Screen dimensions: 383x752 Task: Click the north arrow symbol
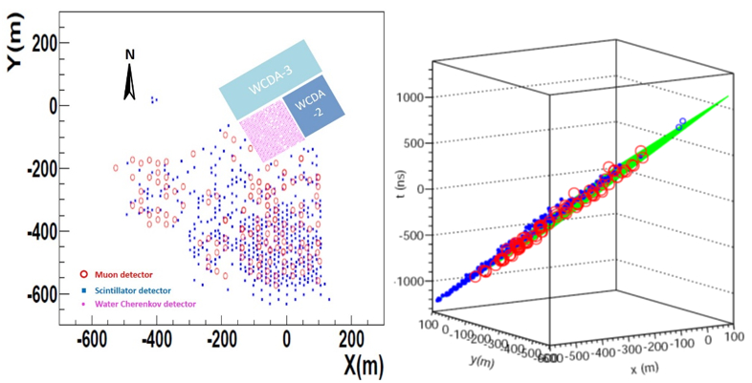pos(129,83)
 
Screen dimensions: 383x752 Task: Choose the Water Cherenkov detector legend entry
pos(133,303)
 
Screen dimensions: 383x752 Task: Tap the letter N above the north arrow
pos(129,54)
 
